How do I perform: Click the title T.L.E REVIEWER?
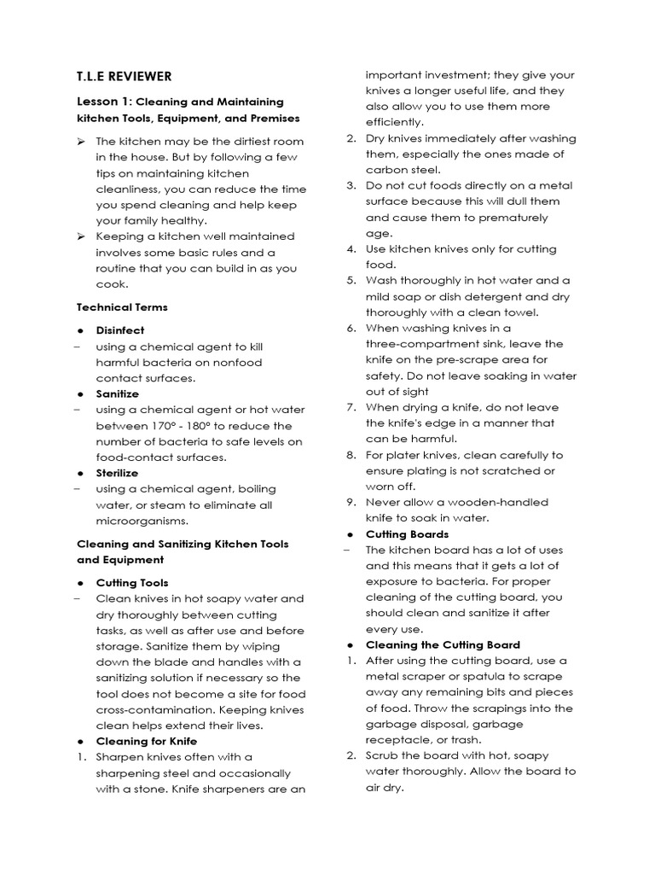[124, 76]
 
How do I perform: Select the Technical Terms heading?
[122, 307]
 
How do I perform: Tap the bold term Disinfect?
[120, 330]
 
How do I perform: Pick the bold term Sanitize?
[118, 394]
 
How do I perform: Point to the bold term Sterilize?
[117, 473]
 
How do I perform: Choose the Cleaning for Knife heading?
[146, 741]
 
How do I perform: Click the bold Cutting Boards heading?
[407, 534]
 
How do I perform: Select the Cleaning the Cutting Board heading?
[443, 645]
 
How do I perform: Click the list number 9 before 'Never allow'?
[351, 502]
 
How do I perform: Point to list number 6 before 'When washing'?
[351, 328]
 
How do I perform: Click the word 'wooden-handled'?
[507, 502]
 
